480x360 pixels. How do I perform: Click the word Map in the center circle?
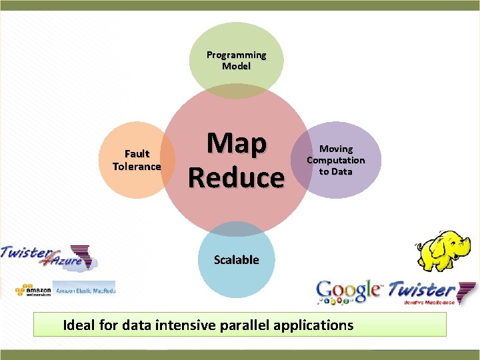[x=236, y=144]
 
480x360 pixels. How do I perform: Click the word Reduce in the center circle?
[x=236, y=178]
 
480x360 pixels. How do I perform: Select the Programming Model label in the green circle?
[x=236, y=61]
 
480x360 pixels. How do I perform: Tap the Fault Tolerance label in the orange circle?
[x=137, y=160]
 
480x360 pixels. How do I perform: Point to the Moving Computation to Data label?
[x=335, y=160]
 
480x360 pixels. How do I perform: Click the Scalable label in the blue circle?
[x=236, y=259]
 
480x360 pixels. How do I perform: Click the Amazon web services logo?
[x=33, y=291]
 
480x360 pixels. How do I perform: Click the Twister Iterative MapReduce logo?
[x=430, y=292]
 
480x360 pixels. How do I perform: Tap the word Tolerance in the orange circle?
[x=137, y=166]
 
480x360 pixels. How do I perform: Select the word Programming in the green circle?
[x=236, y=55]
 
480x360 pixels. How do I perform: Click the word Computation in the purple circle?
[x=335, y=160]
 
